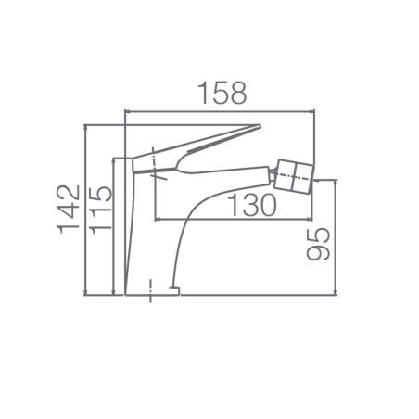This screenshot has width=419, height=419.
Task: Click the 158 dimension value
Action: point(222,93)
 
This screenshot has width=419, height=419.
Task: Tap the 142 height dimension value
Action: point(68,209)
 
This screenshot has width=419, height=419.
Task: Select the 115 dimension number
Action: point(100,210)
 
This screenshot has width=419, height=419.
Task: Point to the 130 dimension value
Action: point(251,205)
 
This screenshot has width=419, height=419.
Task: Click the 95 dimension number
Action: point(318,244)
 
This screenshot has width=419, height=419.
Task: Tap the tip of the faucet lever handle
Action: point(260,126)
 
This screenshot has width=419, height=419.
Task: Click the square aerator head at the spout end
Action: point(295,176)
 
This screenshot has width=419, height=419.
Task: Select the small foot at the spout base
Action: point(174,290)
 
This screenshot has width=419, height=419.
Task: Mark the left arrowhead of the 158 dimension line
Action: point(127,111)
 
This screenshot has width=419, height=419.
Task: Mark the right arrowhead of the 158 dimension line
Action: point(312,111)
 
